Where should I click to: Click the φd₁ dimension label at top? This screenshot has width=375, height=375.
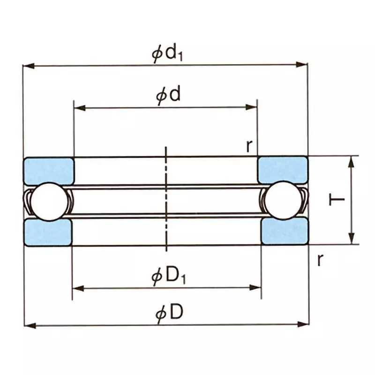167,52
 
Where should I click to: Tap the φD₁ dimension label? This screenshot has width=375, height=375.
168,276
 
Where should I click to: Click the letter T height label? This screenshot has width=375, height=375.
337,201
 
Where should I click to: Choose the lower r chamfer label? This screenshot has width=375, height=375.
320,259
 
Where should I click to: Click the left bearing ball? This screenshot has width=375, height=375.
47,201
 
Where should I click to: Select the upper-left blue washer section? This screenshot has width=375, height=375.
49,170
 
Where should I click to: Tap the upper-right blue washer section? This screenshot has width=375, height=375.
283,170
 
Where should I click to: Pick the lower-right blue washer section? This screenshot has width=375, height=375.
284,231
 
